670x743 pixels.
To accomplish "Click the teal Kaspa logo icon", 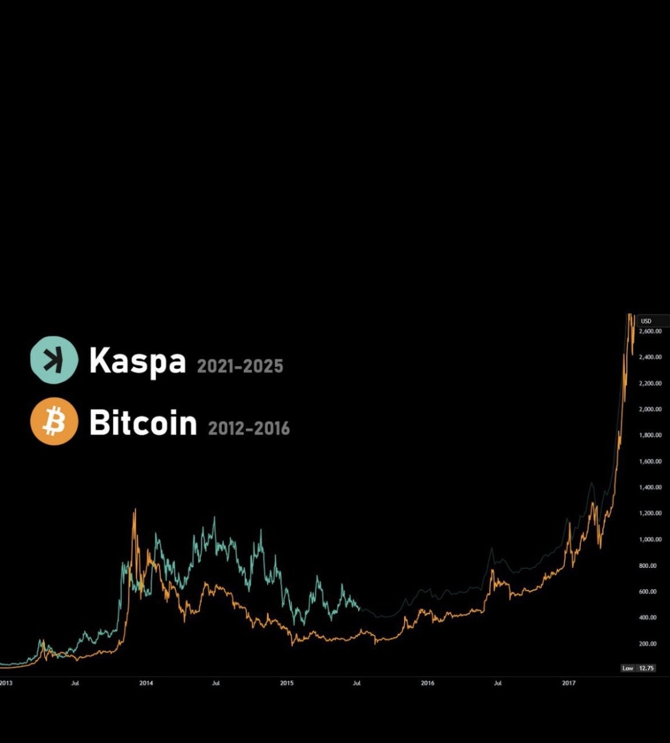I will pyautogui.click(x=54, y=360).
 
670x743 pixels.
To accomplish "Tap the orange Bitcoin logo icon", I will pyautogui.click(x=54, y=421).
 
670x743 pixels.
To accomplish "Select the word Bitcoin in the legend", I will pyautogui.click(x=143, y=423).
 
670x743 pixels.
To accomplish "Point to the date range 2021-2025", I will pyautogui.click(x=240, y=366).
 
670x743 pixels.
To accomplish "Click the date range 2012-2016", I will pyautogui.click(x=248, y=428).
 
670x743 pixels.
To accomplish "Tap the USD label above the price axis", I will pyautogui.click(x=646, y=321).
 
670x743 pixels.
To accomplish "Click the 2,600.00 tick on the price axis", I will pyautogui.click(x=650, y=331).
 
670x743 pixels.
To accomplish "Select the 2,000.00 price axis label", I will pyautogui.click(x=650, y=410).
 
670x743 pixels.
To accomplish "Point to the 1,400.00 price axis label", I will pyautogui.click(x=650, y=487).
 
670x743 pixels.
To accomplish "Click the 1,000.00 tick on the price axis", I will pyautogui.click(x=650, y=539).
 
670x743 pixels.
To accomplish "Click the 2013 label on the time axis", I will pyautogui.click(x=6, y=683).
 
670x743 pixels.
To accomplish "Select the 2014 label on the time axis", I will pyautogui.click(x=146, y=683).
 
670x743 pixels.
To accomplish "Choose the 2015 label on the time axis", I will pyautogui.click(x=287, y=683).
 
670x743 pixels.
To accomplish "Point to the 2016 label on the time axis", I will pyautogui.click(x=428, y=683).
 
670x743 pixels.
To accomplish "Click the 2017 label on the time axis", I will pyautogui.click(x=569, y=683).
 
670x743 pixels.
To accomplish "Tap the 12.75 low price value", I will pyautogui.click(x=646, y=668).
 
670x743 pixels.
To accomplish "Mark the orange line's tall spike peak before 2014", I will pyautogui.click(x=135, y=510).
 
